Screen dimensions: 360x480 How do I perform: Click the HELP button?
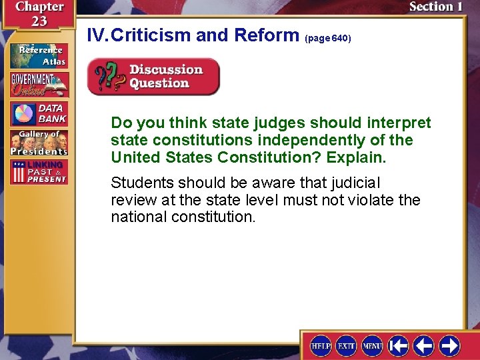point(321,345)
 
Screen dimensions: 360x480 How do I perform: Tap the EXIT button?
point(346,345)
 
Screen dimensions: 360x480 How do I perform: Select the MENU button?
point(372,345)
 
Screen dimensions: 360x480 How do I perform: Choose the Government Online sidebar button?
point(39,85)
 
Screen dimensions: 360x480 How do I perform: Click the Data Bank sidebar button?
point(39,114)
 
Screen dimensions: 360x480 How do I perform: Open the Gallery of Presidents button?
point(39,143)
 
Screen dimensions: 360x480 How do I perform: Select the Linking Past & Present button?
point(39,172)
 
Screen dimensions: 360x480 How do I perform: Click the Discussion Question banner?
point(154,77)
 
